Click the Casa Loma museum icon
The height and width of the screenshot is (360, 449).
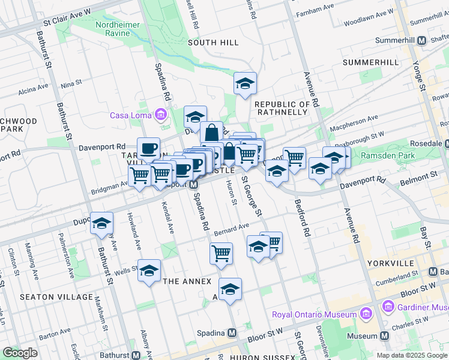coord(160,115)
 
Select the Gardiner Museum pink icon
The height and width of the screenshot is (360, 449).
coord(387,308)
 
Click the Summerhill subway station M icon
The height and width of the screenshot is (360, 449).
coord(421,40)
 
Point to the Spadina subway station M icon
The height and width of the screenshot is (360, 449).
coord(232,332)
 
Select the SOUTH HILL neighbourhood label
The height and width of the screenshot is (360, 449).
coord(213,43)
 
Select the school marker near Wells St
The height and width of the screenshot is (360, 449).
coord(149,271)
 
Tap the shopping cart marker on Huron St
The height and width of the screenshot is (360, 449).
coord(221,253)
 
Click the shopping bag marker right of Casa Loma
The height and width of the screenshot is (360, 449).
coord(212,133)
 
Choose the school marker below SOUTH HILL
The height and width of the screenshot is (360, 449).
coord(245,84)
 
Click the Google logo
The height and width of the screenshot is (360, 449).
coord(20,352)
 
